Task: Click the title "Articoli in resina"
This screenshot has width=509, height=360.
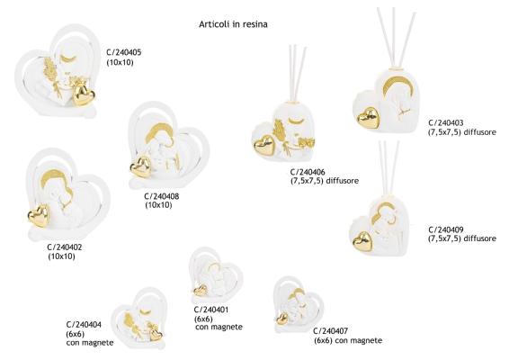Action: [233, 24]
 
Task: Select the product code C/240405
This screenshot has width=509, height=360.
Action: [124, 52]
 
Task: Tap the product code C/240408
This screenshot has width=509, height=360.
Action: [162, 196]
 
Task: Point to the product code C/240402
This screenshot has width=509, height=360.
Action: [65, 247]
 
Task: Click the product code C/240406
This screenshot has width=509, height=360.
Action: [308, 172]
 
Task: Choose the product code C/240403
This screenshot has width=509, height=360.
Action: [446, 122]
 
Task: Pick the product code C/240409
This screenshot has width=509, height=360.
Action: [446, 229]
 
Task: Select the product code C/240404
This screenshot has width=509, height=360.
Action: [84, 325]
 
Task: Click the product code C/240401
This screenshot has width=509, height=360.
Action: [211, 310]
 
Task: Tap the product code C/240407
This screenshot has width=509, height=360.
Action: [330, 331]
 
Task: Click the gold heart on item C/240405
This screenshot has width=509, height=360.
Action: [84, 94]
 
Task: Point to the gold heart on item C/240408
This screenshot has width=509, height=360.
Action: [141, 167]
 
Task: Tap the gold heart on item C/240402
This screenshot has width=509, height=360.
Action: [39, 216]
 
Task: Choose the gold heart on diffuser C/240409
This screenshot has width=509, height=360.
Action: [362, 241]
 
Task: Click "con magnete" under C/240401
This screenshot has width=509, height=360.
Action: [219, 327]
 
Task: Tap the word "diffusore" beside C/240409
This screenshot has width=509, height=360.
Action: [479, 238]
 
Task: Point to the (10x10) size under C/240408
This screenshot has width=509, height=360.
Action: [158, 205]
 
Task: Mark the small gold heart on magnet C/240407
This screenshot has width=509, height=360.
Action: [282, 319]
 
